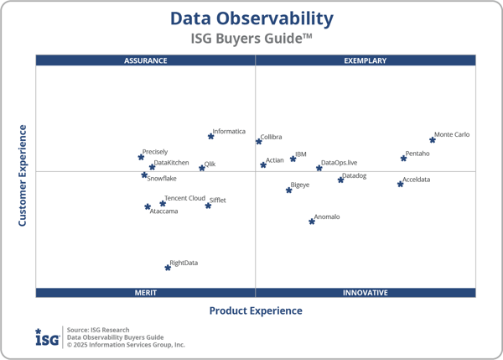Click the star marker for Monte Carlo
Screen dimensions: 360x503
coord(433,139)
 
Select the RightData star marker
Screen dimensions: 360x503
coord(169,268)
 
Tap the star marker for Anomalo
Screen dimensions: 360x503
coord(312,222)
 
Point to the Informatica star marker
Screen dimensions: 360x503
coord(210,136)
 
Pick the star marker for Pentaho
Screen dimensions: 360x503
coord(403,158)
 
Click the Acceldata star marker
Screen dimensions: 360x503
coord(400,184)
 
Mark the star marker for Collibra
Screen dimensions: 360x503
coord(259,141)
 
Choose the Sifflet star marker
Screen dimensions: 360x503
coord(208,206)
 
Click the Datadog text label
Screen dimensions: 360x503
coord(354,175)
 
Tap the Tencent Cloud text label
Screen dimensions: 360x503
coord(184,198)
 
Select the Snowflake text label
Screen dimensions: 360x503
coord(162,178)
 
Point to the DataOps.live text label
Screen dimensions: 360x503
coord(340,162)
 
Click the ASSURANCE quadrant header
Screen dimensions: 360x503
coord(146,60)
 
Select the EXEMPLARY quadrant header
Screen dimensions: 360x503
coord(366,60)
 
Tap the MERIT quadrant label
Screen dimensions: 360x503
coord(146,293)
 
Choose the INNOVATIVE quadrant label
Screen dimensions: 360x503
coord(366,293)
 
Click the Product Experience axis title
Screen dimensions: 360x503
coord(256,310)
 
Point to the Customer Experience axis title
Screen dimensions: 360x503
coord(23,175)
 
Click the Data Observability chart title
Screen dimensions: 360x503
coord(251,18)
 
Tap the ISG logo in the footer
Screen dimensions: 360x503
coord(47,337)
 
